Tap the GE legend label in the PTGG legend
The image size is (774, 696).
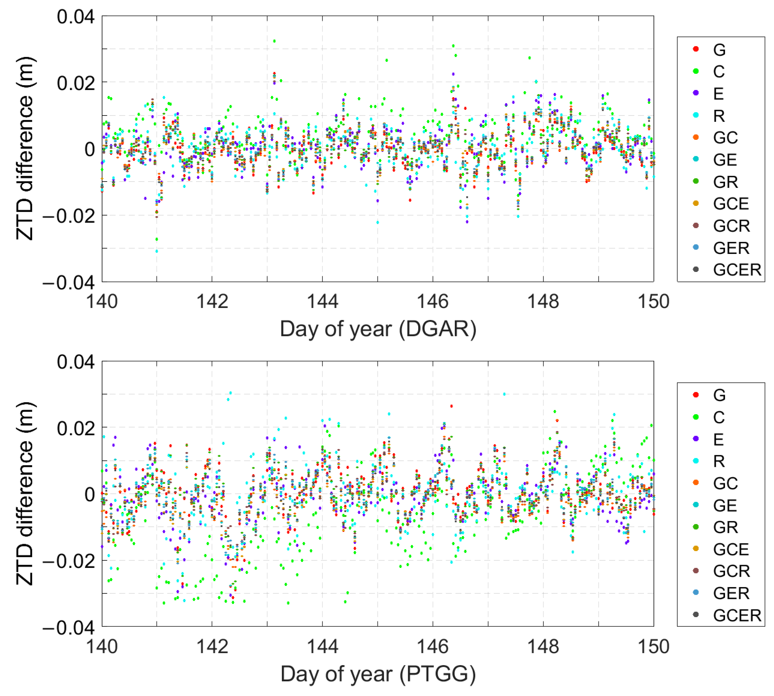[x=724, y=505]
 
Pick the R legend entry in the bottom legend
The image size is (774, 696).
[x=718, y=461]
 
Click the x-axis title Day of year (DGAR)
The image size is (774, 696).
[x=378, y=329]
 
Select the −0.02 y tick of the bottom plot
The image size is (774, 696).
[x=69, y=561]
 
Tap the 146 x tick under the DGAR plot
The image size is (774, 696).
[x=433, y=301]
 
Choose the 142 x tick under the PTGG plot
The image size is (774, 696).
[x=212, y=646]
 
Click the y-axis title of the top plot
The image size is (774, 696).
[x=25, y=148]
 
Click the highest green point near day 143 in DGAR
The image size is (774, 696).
[x=274, y=41]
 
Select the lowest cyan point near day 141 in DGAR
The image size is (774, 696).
[x=157, y=251]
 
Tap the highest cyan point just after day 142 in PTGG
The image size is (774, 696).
[x=230, y=393]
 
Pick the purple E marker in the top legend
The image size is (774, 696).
[x=696, y=93]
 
